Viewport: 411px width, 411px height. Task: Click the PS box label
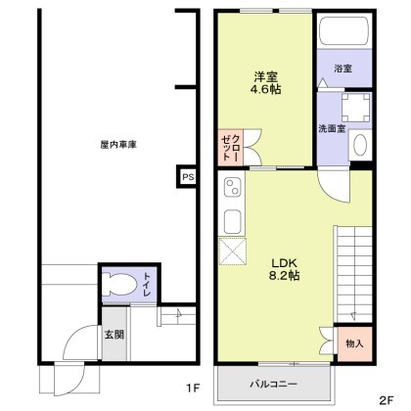point(188,177)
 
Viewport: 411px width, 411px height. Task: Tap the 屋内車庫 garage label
point(118,145)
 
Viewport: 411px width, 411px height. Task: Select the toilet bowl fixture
point(118,284)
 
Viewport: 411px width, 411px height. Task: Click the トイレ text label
point(147,285)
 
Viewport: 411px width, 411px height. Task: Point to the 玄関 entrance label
point(114,335)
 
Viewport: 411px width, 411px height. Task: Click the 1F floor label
point(193,388)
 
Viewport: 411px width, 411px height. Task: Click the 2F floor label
point(387,399)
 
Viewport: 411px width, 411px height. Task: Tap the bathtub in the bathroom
point(344,31)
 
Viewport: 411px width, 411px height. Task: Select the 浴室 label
point(342,68)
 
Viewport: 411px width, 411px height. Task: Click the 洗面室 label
point(332,128)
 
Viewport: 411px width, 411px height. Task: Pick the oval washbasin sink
point(360,145)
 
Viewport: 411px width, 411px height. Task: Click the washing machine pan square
point(356,108)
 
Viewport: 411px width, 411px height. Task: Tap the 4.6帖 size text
point(266,89)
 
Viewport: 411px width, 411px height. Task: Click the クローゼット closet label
point(231,147)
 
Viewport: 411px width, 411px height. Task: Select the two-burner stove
point(232,187)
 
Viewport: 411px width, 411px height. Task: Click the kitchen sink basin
point(233,221)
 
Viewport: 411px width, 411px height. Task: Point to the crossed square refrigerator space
point(233,251)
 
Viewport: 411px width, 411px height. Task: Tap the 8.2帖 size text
point(284,276)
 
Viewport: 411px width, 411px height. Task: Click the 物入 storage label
point(354,343)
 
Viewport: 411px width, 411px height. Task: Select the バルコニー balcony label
point(274,384)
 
